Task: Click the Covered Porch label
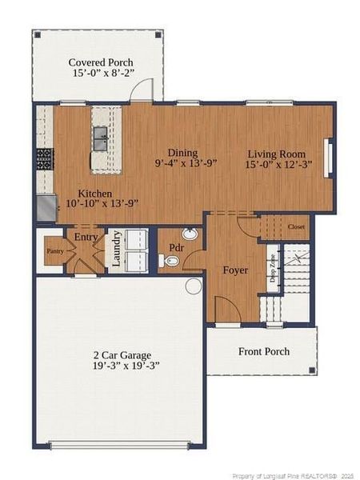coord(101,62)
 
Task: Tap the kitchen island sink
coord(101,138)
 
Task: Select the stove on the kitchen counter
coord(44,159)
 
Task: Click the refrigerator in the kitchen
coord(46,210)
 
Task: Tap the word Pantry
coord(54,251)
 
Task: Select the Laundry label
coord(117,249)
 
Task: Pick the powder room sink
coord(190,234)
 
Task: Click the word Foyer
coord(235,270)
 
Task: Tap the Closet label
coord(297,227)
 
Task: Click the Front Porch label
coord(264,351)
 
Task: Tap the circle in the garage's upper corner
coord(194,286)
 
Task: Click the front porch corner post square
coord(312,370)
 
